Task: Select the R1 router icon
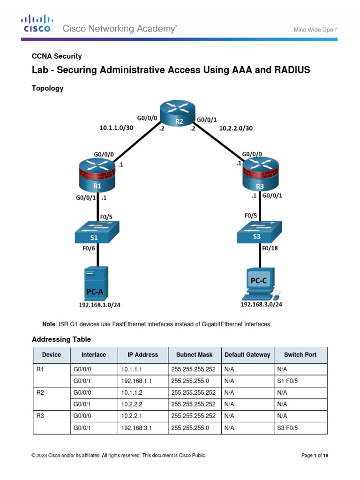point(97,173)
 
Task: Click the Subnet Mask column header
point(193,355)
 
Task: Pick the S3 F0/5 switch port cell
point(287,428)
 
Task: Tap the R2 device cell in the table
point(40,392)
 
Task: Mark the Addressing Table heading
point(61,339)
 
